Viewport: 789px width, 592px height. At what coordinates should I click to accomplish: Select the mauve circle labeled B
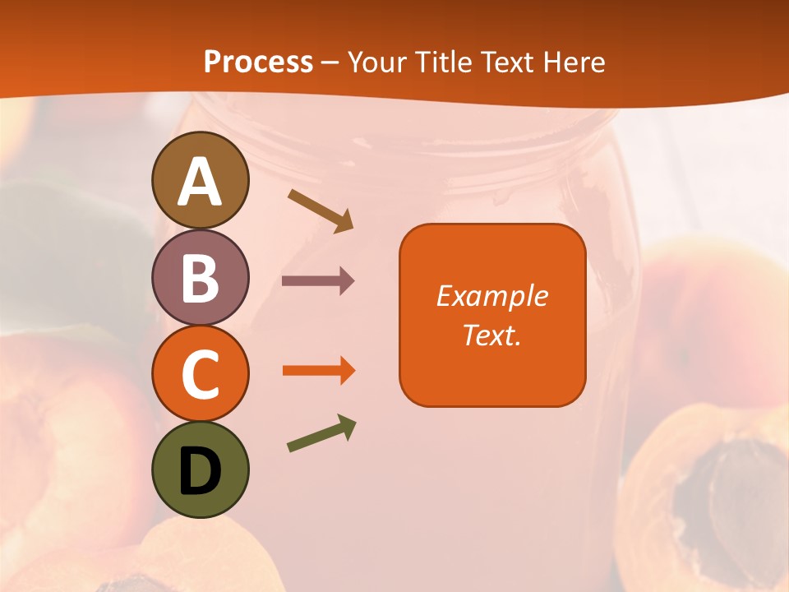click(x=200, y=277)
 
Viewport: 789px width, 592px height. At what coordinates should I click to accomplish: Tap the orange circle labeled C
click(x=200, y=373)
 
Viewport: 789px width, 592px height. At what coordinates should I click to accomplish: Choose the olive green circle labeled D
click(x=200, y=469)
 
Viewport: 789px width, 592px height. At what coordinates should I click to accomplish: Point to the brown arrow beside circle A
click(x=321, y=210)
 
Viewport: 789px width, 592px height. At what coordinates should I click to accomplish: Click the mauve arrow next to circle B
click(x=318, y=281)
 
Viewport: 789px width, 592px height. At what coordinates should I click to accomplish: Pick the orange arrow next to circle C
click(x=318, y=371)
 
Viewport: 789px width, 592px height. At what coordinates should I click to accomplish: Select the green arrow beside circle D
click(x=321, y=434)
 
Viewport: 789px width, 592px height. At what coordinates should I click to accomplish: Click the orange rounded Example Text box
click(x=492, y=315)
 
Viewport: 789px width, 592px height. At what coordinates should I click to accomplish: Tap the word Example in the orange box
click(x=492, y=296)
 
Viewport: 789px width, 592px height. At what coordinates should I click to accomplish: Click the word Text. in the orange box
click(x=492, y=335)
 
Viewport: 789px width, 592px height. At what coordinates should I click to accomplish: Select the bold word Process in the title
click(x=258, y=62)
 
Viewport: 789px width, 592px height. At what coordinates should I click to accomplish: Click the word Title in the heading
click(x=442, y=62)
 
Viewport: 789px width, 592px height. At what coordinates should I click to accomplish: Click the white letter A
click(x=200, y=182)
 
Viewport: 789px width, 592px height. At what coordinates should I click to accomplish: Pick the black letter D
click(x=200, y=471)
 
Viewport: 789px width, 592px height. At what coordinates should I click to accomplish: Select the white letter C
click(x=200, y=375)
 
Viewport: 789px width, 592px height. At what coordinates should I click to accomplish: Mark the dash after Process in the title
click(x=330, y=63)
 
